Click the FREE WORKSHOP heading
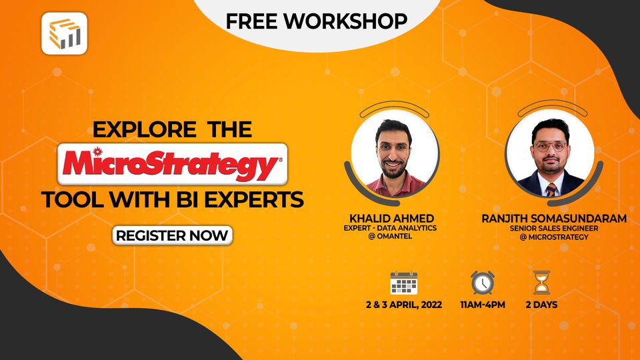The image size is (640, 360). pyautogui.click(x=316, y=21)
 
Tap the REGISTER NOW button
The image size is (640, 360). pyautogui.click(x=172, y=235)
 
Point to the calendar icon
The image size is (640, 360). pyautogui.click(x=403, y=283)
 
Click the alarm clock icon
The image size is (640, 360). pyautogui.click(x=482, y=282)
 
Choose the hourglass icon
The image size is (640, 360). pyautogui.click(x=541, y=282)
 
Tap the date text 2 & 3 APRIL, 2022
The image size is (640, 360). pyautogui.click(x=403, y=305)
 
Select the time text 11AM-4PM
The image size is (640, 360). pyautogui.click(x=482, y=305)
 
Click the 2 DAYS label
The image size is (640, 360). pyautogui.click(x=541, y=305)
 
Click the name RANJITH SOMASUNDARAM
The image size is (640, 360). pyautogui.click(x=555, y=218)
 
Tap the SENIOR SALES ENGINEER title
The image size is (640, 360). pyautogui.click(x=555, y=228)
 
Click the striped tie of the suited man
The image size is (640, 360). pyautogui.click(x=551, y=189)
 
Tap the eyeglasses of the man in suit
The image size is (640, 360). pyautogui.click(x=550, y=146)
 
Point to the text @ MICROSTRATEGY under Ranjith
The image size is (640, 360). pyautogui.click(x=555, y=237)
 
